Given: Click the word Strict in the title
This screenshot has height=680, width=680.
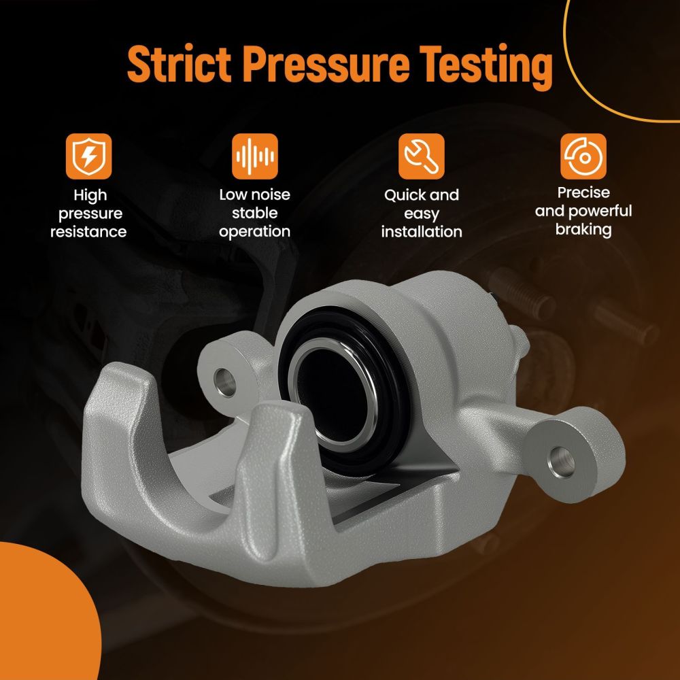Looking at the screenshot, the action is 179,64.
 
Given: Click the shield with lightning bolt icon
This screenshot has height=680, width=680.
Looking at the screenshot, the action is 88,156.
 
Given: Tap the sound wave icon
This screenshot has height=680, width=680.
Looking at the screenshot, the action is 255,156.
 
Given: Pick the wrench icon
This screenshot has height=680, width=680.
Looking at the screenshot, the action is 422,156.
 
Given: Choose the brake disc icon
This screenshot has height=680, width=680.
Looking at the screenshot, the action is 583,156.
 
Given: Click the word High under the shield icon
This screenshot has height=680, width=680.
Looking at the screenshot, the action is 90,196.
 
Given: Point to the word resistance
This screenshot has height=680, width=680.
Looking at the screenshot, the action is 88,232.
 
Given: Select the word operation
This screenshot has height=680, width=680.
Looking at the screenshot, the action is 254,232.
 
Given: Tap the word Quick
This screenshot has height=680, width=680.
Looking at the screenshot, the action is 402,195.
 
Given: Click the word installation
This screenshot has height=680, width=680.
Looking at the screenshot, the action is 422,232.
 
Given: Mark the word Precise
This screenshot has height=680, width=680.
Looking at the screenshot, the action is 583,192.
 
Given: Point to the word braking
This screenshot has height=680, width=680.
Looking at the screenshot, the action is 583,230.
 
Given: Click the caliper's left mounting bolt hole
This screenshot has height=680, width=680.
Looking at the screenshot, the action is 225,382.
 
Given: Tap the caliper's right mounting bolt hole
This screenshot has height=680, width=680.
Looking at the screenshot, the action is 562,462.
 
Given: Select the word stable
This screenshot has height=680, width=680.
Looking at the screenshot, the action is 255,213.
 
